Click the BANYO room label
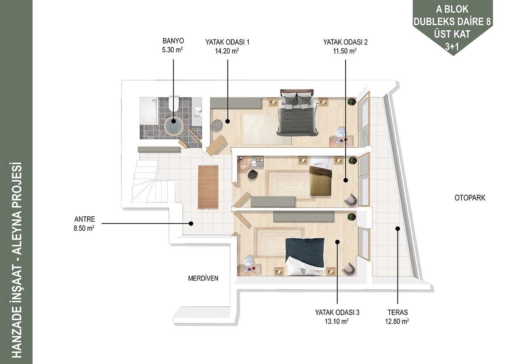click(173, 41)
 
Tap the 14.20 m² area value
click(227, 51)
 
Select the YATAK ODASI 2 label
click(345, 42)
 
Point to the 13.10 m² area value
click(337, 321)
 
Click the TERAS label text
click(398, 313)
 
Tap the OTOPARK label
click(470, 198)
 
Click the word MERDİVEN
click(203, 278)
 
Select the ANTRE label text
click(85, 219)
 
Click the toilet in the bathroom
click(174, 104)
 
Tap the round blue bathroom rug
click(173, 127)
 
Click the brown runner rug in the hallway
click(208, 187)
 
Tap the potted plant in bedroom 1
click(351, 101)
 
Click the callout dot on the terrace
click(398, 229)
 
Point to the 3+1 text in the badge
click(452, 46)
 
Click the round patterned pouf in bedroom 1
click(217, 125)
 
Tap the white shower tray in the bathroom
click(148, 111)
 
